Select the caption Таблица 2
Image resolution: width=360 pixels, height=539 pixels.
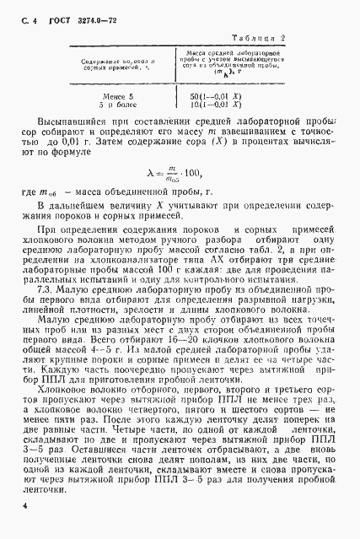(x=261, y=38)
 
